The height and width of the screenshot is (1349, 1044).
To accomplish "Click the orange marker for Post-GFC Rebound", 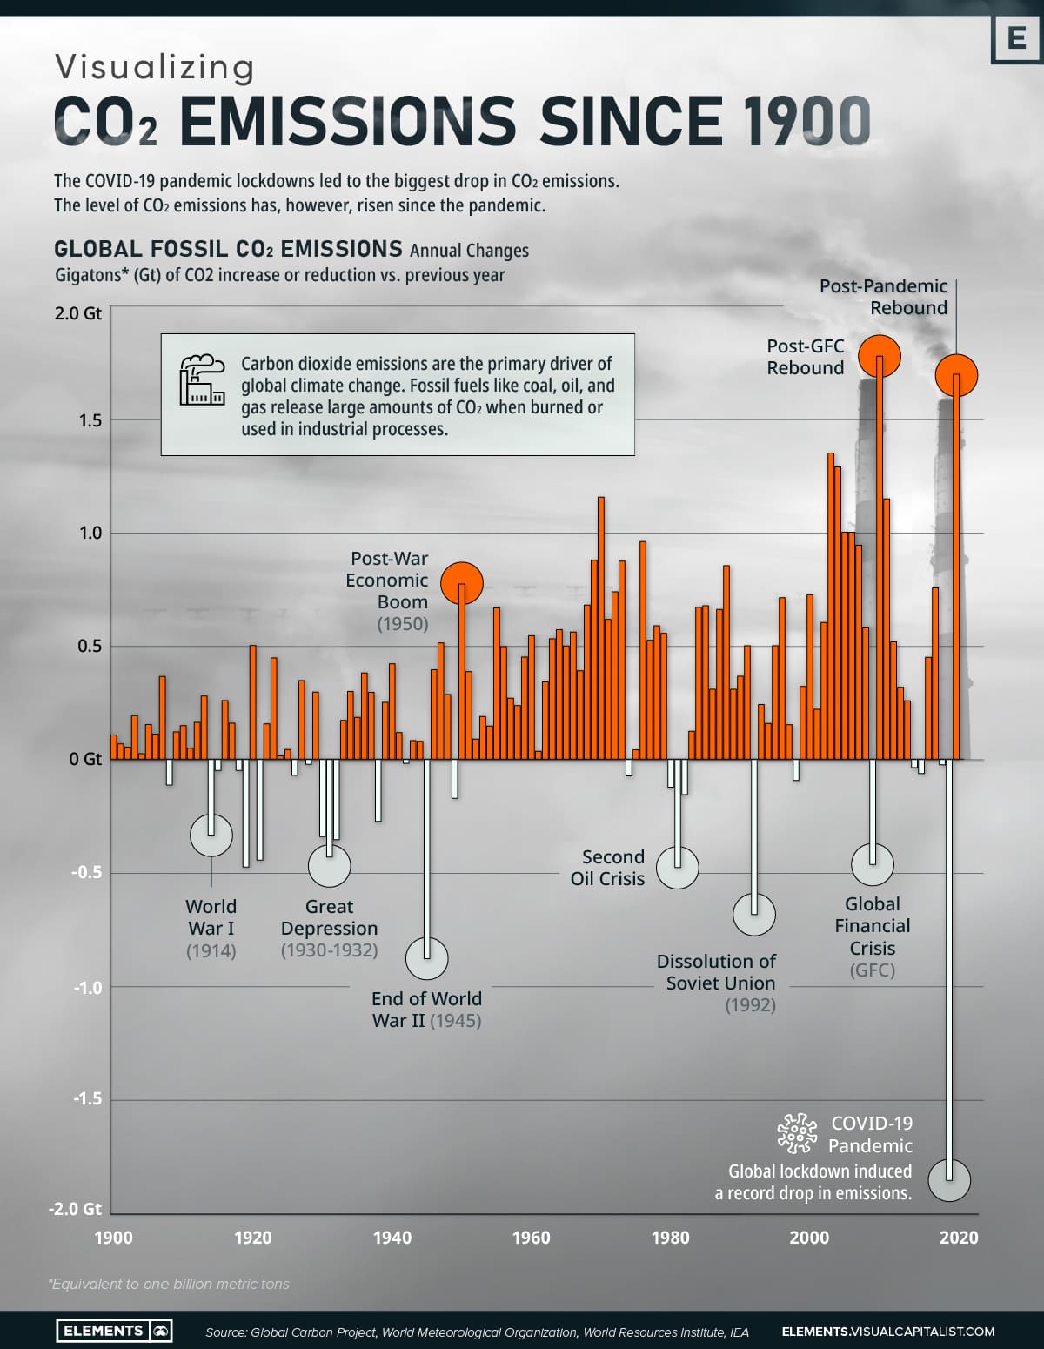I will tap(879, 355).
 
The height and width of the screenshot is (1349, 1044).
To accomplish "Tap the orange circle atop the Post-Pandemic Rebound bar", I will tap(956, 375).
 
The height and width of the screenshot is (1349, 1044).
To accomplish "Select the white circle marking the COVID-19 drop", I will tap(948, 1180).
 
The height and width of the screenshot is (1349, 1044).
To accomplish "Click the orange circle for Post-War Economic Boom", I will tap(461, 583).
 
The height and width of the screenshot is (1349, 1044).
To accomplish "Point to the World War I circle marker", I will tap(211, 836).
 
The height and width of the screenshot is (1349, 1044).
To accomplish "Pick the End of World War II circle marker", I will tap(426, 958).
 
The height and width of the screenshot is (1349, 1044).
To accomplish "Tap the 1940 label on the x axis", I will tap(391, 1238).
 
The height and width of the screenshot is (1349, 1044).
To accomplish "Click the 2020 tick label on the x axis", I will tap(958, 1238).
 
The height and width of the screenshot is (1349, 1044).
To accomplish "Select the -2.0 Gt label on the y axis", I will tap(75, 1209).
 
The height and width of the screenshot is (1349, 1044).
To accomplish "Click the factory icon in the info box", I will tap(202, 379).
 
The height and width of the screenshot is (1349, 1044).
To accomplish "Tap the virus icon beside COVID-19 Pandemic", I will tap(797, 1133).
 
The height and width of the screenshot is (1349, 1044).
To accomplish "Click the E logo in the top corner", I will tap(1015, 39).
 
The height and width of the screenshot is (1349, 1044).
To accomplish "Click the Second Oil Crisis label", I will tap(608, 868).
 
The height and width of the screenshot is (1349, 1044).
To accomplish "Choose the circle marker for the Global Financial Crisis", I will tap(872, 864).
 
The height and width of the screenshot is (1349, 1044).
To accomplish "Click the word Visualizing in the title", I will tap(155, 67).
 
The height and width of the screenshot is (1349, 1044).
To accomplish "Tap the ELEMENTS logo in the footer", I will tap(114, 1331).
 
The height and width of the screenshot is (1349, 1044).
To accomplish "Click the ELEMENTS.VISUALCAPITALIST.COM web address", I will tap(887, 1332).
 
